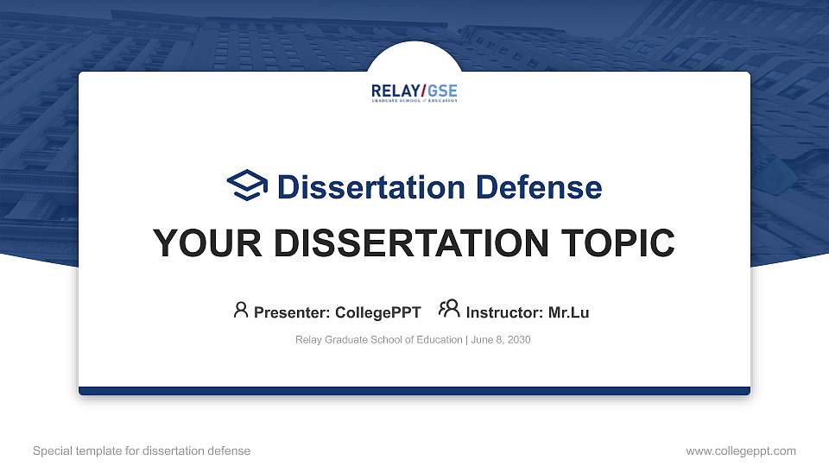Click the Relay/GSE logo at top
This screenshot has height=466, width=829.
coord(414,93)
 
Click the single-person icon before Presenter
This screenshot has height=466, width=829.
coord(241,310)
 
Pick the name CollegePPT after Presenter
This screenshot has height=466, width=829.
coord(377,312)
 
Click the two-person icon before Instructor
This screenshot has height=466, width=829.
coord(449,310)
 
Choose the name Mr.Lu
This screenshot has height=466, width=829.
coord(569,312)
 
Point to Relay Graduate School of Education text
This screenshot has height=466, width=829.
coord(378,340)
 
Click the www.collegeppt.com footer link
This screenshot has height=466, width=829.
coord(741,450)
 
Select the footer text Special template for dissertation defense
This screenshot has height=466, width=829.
coord(142,450)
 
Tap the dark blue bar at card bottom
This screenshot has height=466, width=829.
coord(414,391)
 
